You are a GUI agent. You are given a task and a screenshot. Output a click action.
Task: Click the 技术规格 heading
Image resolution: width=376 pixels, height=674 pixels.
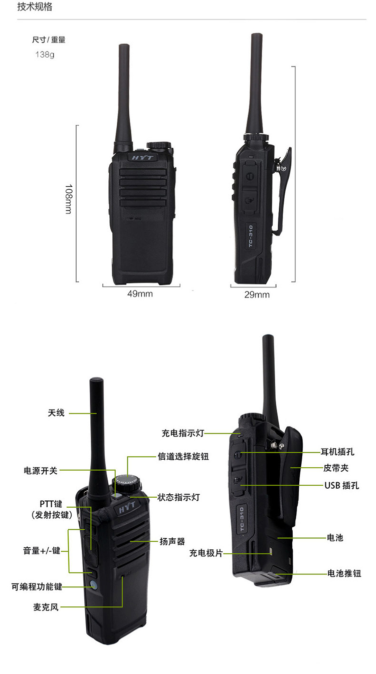pos(35,7)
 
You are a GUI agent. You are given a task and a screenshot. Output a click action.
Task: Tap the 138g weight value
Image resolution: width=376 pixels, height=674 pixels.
pos(45,55)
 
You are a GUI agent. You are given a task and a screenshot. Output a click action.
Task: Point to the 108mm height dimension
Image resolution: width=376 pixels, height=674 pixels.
pos(69,199)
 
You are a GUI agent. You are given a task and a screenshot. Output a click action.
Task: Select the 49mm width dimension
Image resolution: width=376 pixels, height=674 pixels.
pos(140,293)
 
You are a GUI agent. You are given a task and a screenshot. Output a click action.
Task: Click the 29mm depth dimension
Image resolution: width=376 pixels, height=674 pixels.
pos(257,294)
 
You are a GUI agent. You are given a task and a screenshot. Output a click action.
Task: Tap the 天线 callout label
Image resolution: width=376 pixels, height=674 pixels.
pos(56,413)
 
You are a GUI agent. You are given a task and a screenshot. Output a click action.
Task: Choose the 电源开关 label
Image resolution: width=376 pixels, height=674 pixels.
pos(41,471)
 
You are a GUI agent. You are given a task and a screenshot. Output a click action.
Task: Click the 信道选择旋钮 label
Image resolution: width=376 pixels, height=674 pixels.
pos(183,457)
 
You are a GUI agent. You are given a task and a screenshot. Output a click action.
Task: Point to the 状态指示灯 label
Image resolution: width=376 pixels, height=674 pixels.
pos(178,497)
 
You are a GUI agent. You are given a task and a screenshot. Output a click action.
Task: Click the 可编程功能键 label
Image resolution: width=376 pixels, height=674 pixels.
pos(37,586)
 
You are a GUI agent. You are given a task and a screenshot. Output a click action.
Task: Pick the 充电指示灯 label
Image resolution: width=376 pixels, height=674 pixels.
pos(183,433)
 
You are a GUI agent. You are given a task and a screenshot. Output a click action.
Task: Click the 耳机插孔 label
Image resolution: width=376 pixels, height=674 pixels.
pos(337,452)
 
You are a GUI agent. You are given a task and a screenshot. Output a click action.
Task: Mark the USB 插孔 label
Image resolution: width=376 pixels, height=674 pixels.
pos(341,486)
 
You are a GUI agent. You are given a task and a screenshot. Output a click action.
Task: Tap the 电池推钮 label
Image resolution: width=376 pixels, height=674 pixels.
pos(344,573)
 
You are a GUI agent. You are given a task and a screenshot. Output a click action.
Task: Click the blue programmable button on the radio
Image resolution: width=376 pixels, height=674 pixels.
pos(94,585)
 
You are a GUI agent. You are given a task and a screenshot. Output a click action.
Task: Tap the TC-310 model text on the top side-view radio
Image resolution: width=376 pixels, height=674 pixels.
pos(251,236)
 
